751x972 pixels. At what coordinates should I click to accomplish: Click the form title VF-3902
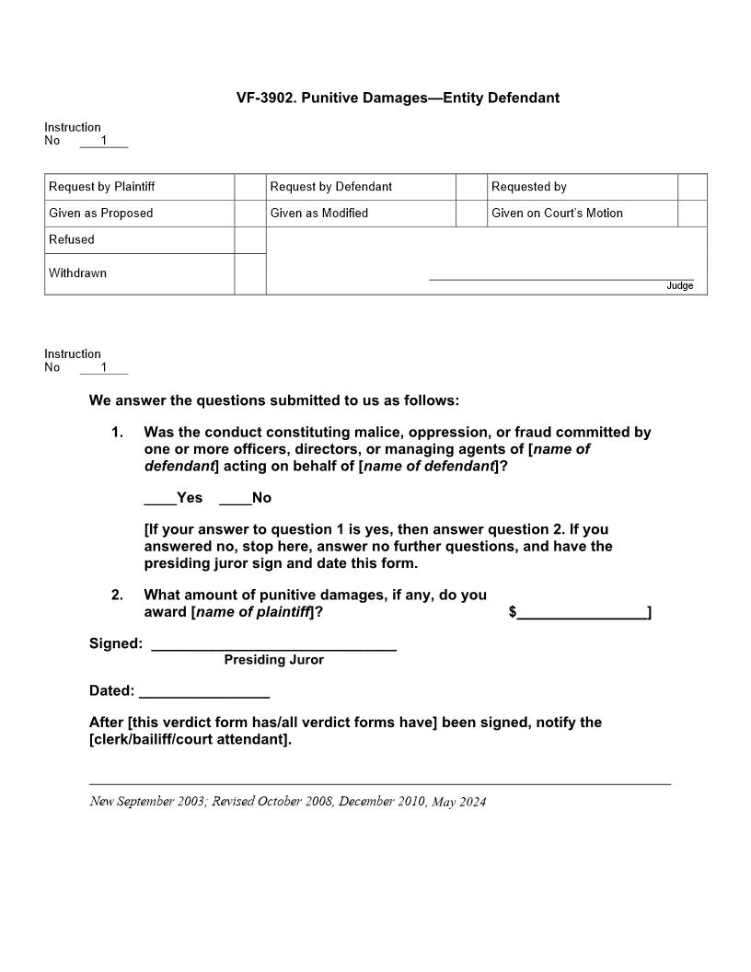[398, 98]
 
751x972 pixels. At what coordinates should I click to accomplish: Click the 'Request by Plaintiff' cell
[102, 187]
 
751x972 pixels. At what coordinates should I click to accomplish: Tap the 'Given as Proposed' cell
[101, 214]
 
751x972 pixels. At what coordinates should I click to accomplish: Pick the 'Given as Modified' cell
[319, 214]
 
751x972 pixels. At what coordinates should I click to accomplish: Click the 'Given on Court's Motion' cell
[557, 214]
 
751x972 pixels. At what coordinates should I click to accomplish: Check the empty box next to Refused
[249, 240]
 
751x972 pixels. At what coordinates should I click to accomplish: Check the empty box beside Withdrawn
[249, 274]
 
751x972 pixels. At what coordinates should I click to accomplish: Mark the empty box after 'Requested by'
[692, 187]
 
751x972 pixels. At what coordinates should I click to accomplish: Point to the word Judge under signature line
[679, 286]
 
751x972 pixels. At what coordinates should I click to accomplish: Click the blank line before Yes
[160, 502]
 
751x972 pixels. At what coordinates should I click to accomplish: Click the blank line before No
[235, 502]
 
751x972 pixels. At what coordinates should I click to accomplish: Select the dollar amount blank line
[582, 617]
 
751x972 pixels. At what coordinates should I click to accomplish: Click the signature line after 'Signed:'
[273, 648]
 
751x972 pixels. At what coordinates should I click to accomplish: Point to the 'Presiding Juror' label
[273, 660]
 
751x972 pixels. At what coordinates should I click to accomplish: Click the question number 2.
[117, 596]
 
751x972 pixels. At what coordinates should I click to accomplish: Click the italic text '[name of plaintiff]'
[252, 612]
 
